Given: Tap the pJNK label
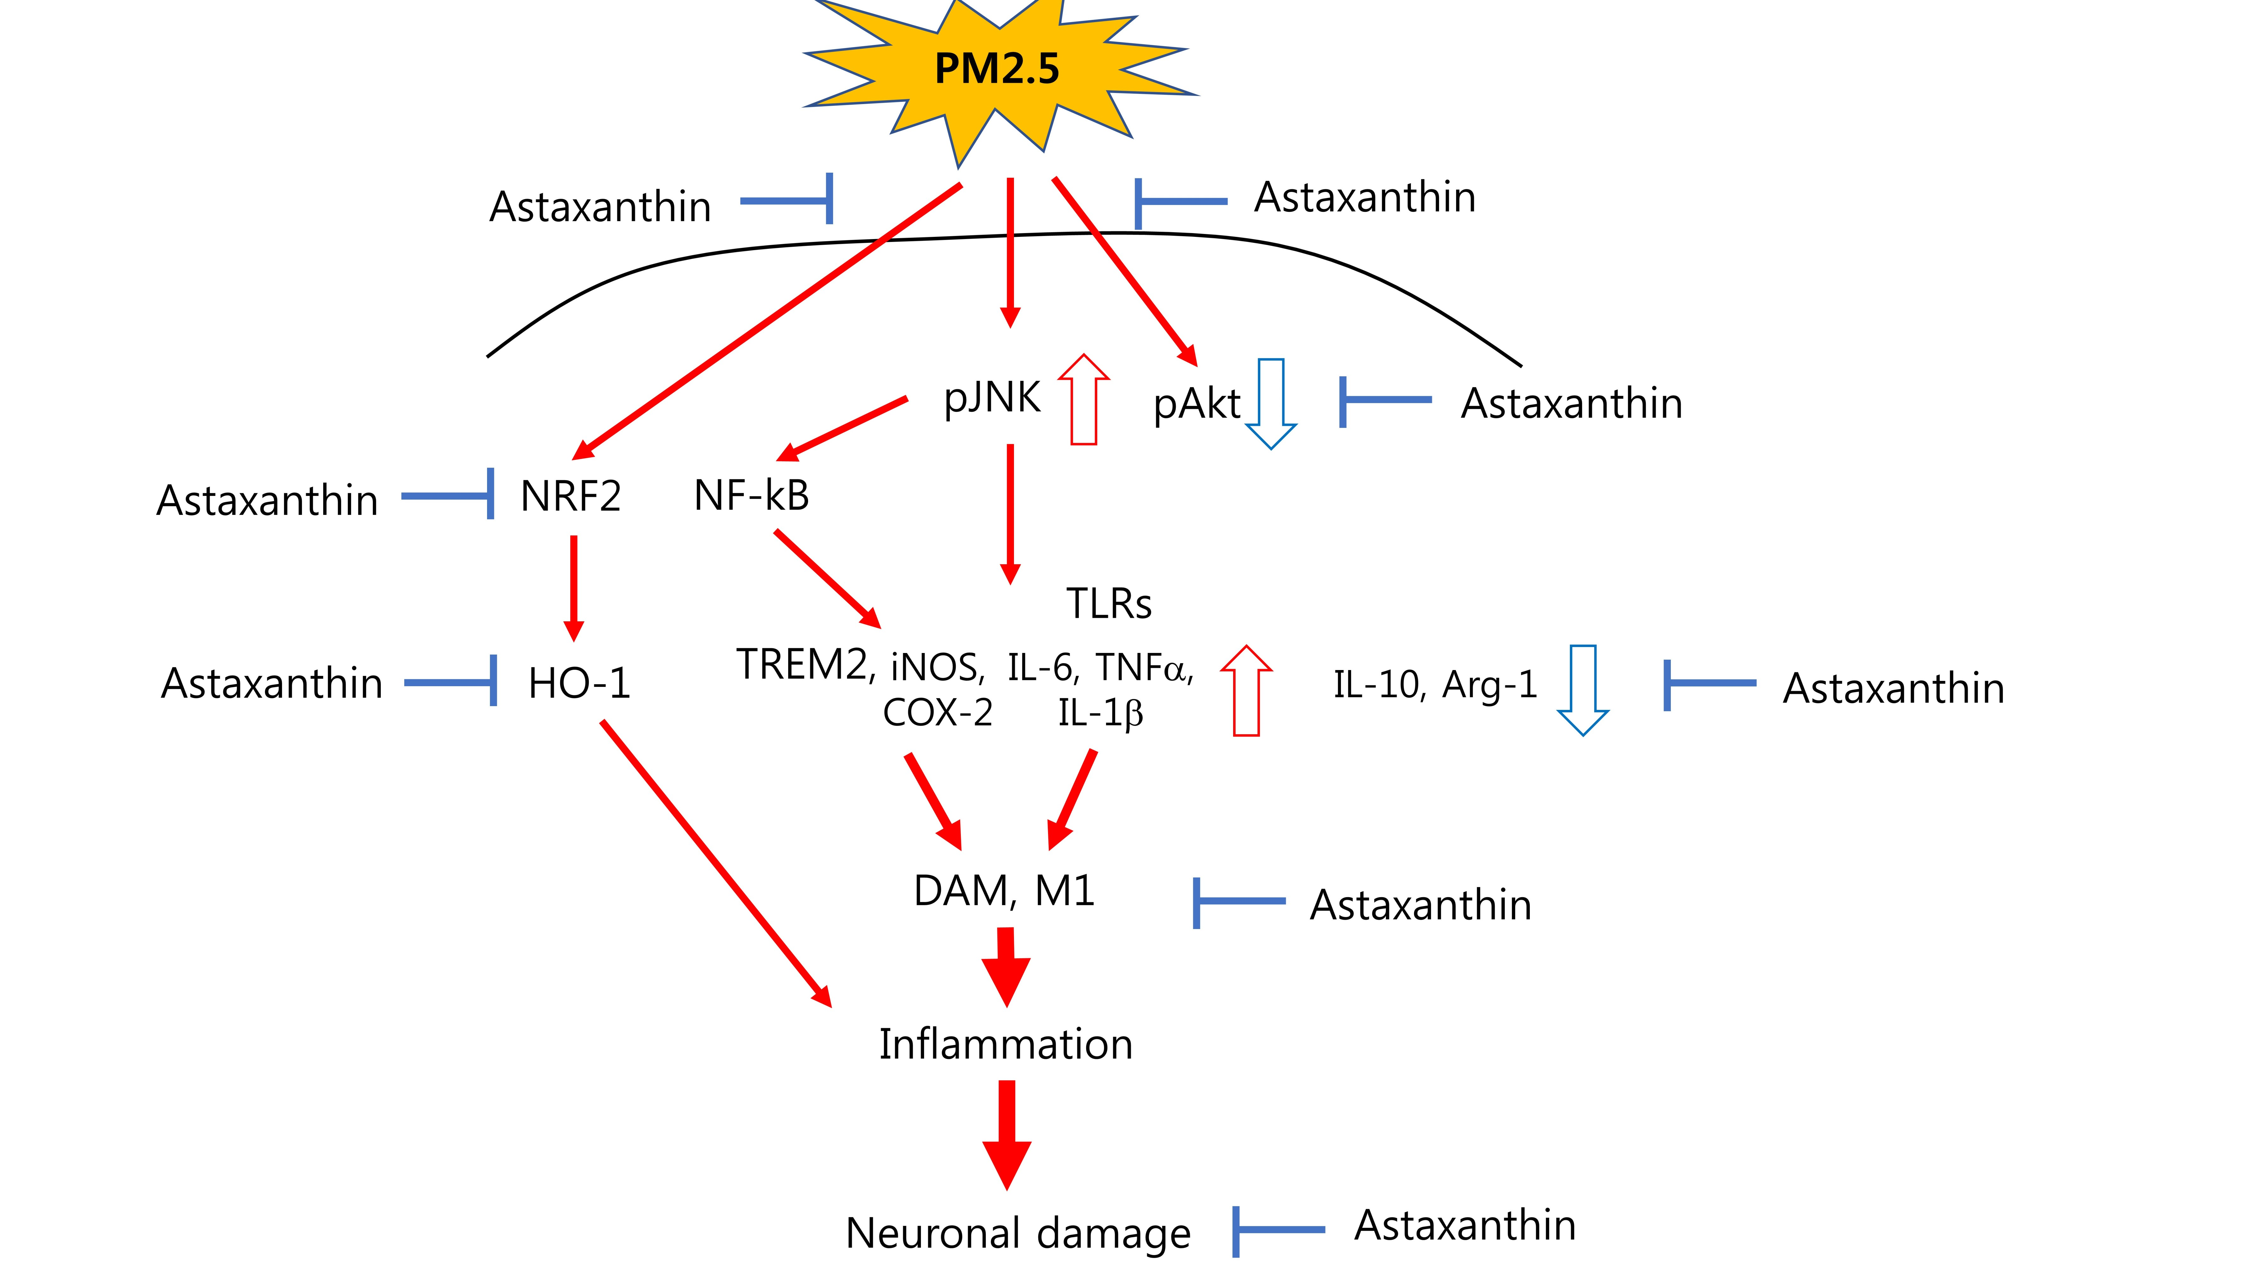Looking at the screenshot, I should tap(992, 398).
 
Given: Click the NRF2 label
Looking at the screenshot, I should tap(570, 496).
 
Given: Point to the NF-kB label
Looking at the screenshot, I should tap(751, 496).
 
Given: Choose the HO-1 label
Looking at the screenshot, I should tap(579, 684).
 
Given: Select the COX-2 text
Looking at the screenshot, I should tap(937, 713).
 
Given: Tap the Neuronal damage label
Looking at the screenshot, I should tap(1017, 1234).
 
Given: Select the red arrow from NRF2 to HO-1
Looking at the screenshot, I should tap(574, 588).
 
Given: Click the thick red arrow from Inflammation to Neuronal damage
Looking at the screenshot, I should tap(1007, 1135).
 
